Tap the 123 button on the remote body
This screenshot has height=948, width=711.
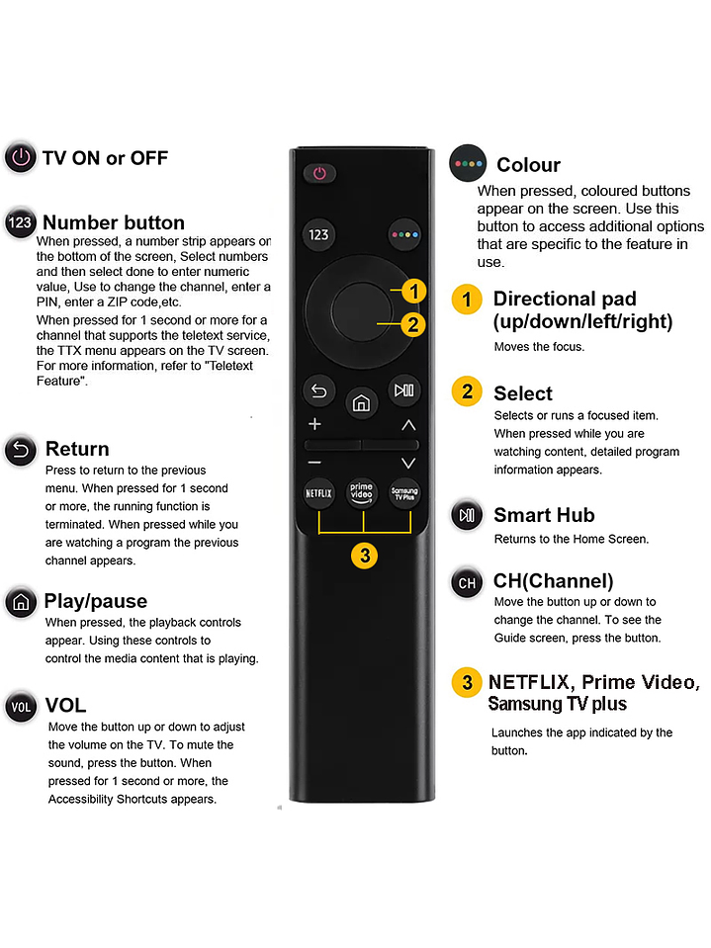[318, 235]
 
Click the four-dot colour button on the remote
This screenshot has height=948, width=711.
[404, 235]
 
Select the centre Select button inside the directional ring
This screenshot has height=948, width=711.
[362, 308]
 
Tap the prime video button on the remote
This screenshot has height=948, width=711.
[362, 491]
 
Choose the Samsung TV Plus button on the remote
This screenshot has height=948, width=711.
[404, 491]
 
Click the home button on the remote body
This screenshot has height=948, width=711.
[362, 402]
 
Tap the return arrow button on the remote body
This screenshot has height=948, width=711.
[318, 390]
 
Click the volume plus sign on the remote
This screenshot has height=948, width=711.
[315, 425]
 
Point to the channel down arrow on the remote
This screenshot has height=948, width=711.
[408, 463]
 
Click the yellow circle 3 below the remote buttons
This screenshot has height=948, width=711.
[365, 556]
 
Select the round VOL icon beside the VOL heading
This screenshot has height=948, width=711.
[20, 707]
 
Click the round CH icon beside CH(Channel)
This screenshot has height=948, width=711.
[467, 583]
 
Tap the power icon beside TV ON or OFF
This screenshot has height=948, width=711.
[20, 158]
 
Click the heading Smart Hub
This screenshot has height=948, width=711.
[543, 515]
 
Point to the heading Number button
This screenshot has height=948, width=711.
[114, 222]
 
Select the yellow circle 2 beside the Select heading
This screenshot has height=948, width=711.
[467, 391]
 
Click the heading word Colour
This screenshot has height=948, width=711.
[528, 165]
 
